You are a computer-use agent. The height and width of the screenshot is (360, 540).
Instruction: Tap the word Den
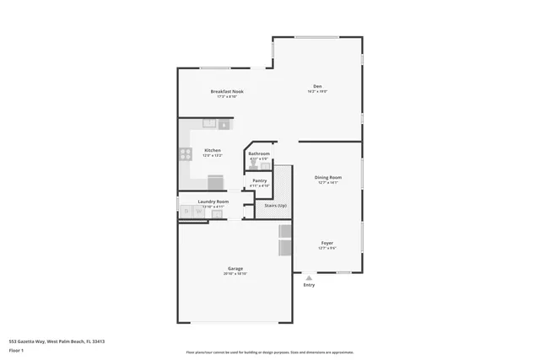[x=317, y=86]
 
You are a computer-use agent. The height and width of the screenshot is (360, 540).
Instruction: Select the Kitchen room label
[x=212, y=150]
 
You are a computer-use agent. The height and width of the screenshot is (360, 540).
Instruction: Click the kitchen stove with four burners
[x=186, y=153]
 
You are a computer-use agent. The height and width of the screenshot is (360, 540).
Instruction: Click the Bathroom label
[x=258, y=153]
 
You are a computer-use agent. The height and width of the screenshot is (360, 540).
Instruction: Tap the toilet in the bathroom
[x=253, y=166]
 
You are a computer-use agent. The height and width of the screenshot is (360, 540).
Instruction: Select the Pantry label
[x=259, y=180]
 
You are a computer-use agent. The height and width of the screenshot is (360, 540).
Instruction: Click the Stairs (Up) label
[x=276, y=205]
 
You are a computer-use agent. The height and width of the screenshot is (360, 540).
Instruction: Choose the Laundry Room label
[x=213, y=201]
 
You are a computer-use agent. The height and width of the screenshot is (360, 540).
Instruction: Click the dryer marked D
[x=186, y=212]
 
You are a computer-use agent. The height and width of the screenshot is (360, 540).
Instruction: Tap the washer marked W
[x=199, y=212]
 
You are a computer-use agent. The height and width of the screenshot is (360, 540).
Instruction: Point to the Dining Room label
[x=327, y=177]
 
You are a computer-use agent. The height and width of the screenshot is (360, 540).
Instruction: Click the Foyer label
[x=327, y=243]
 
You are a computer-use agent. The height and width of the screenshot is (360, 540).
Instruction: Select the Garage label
[x=235, y=269]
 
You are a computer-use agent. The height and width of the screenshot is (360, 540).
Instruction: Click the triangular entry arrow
[x=309, y=277]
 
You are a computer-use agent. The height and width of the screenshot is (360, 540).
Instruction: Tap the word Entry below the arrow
[x=309, y=285]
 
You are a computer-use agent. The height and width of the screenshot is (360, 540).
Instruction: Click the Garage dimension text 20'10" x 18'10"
[x=235, y=274]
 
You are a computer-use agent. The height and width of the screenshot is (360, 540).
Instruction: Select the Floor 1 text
[x=16, y=349]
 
